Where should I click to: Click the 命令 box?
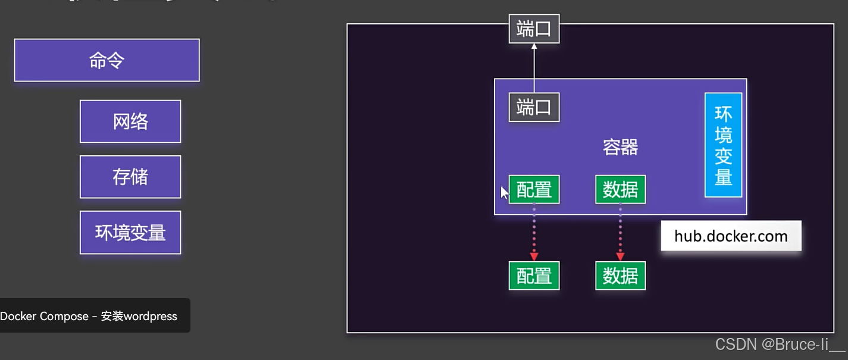coord(107,60)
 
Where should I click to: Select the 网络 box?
coord(130,121)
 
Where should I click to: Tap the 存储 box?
coord(130,177)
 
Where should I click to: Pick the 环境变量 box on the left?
coord(130,232)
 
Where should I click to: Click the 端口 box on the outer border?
coord(534,29)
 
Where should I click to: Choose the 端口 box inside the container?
coord(534,108)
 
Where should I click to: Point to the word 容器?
coord(620,147)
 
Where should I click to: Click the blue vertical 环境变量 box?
coord(723,145)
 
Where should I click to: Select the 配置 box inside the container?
coord(534,189)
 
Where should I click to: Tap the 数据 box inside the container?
coord(620,189)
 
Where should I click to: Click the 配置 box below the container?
coord(534,276)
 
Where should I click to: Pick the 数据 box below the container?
coord(620,276)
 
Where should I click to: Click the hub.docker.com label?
coord(731,236)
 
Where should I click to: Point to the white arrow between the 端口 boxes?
coord(534,68)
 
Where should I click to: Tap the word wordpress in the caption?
coord(149,317)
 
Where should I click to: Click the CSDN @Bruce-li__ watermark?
coord(780,344)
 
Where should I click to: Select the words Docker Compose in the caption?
coord(44,317)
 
